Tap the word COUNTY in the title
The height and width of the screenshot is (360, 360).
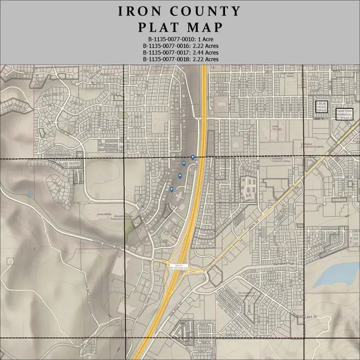[205, 11]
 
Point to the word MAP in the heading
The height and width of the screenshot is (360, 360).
[204, 28]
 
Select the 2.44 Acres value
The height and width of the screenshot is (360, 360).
[205, 52]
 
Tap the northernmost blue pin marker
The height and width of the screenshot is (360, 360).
[193, 157]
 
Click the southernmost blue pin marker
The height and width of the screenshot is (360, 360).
[171, 189]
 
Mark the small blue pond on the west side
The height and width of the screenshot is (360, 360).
[30, 194]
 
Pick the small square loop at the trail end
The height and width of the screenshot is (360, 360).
[10, 262]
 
